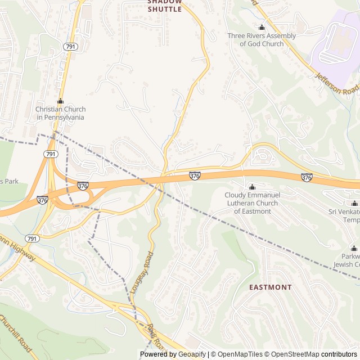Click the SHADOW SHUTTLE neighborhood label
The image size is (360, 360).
(x=165, y=6)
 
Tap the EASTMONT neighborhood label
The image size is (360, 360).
(x=271, y=287)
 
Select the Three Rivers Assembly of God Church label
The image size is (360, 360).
(x=262, y=40)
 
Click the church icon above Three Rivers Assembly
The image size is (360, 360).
(x=262, y=28)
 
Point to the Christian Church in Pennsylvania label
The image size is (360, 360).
(x=60, y=114)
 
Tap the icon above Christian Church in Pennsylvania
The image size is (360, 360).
(x=60, y=101)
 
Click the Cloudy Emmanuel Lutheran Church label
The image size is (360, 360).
(x=252, y=202)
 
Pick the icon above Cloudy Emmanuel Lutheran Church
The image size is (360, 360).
(x=252, y=187)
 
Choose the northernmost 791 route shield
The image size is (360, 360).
(x=70, y=46)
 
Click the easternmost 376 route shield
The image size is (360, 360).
(x=307, y=177)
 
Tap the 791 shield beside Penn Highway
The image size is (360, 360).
(x=33, y=238)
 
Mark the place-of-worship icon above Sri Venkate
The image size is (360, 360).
(x=354, y=203)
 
